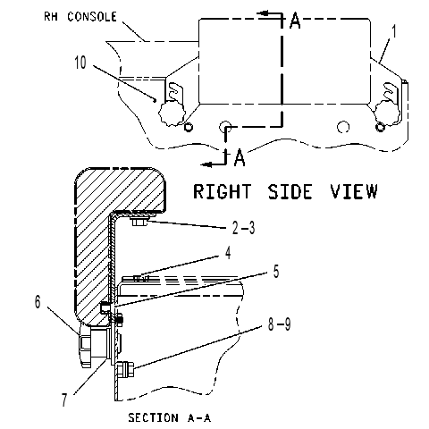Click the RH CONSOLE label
[x=80, y=16]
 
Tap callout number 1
[x=394, y=31]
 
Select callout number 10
[x=80, y=63]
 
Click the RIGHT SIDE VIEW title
[x=285, y=191]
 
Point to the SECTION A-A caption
[x=170, y=417]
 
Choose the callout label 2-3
[x=243, y=228]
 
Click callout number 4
[x=228, y=253]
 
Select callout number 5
[x=276, y=272]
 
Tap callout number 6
[x=38, y=301]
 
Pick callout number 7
[x=64, y=400]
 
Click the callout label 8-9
[x=279, y=324]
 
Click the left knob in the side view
[x=172, y=113]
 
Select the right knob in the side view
[x=387, y=113]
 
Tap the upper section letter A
[x=295, y=21]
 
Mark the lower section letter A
[x=240, y=157]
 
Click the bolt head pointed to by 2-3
[x=140, y=222]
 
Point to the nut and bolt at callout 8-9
[x=125, y=369]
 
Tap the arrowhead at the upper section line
[x=263, y=13]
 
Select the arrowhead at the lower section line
[x=206, y=164]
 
